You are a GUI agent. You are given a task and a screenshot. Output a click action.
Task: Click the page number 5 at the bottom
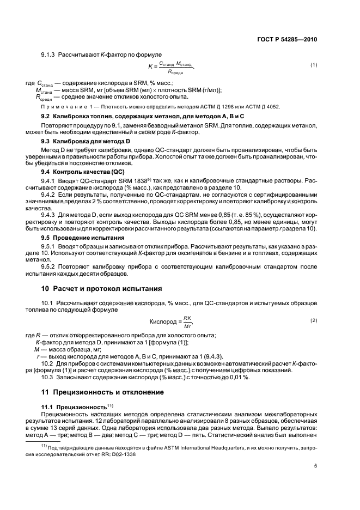315,465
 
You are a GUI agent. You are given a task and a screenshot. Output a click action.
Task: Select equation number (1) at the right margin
314,65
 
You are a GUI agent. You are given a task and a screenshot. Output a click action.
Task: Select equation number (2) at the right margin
314,320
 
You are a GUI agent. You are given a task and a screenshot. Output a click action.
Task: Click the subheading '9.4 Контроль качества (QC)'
83,171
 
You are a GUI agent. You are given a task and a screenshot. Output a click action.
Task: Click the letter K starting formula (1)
151,66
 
